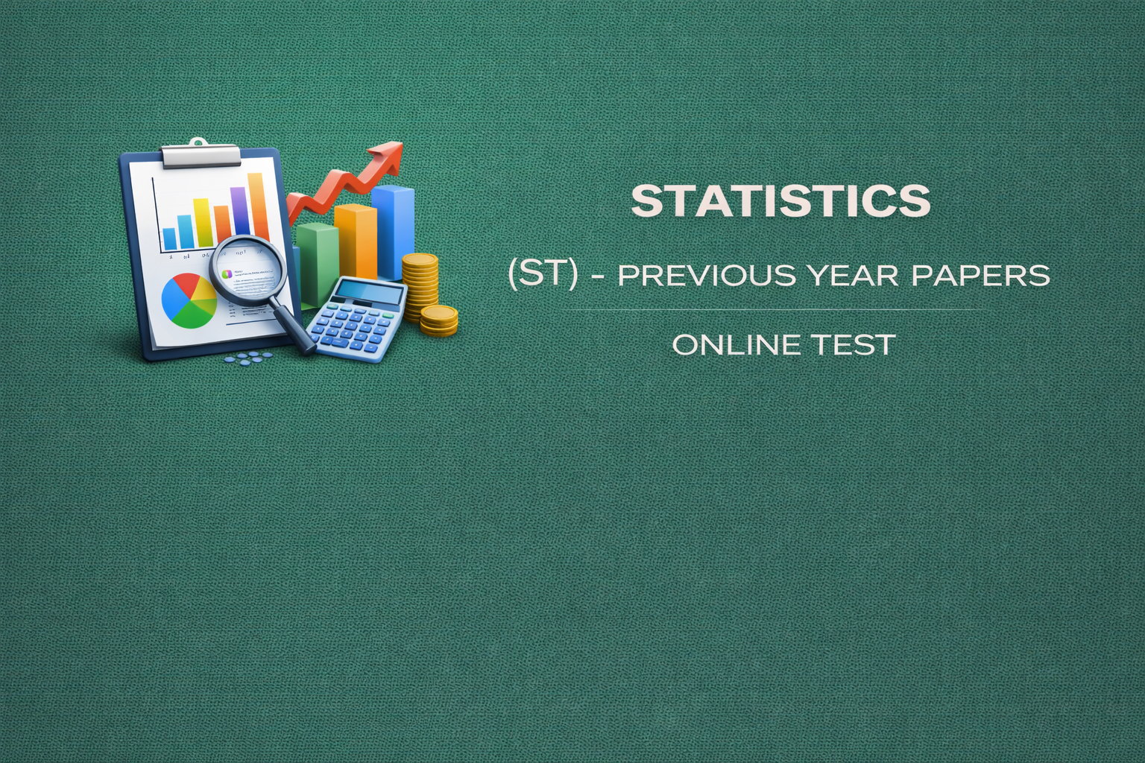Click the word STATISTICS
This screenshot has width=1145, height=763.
780,200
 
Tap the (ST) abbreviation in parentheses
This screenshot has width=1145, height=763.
542,275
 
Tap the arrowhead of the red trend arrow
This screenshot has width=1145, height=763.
389,153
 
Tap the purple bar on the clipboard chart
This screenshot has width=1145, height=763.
239,212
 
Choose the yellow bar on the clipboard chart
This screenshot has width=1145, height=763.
202,222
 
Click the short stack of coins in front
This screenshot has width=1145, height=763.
439,320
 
